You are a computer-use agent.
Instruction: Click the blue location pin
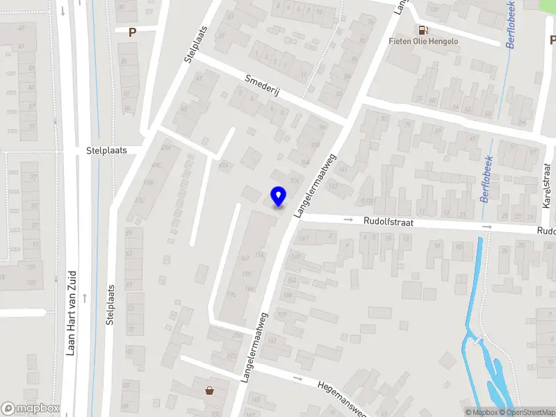tap(279, 196)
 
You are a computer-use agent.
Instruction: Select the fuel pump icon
tap(422, 30)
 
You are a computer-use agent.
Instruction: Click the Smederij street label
tap(262, 88)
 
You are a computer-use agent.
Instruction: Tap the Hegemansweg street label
tap(341, 397)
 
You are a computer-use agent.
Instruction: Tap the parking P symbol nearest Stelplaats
tap(132, 31)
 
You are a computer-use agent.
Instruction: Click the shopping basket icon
tap(209, 391)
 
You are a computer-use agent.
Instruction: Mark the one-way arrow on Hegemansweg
tap(298, 379)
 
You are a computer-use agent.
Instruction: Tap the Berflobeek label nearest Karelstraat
tap(488, 179)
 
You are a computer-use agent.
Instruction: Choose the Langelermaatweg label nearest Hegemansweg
tap(255, 347)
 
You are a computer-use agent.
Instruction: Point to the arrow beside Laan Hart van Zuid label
tap(85, 298)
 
